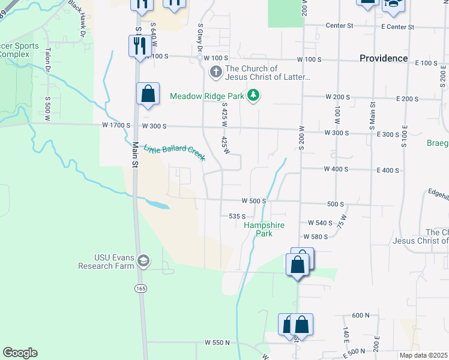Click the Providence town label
(x=384, y=58)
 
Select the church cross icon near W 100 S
(x=215, y=73)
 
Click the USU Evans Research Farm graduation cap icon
(x=143, y=261)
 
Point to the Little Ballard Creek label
(x=174, y=146)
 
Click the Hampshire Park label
(x=264, y=229)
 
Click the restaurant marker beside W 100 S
(x=138, y=45)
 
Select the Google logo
(x=20, y=353)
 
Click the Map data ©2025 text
(x=423, y=355)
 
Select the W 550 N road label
(x=217, y=343)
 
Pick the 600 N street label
(x=361, y=315)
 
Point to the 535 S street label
(x=238, y=216)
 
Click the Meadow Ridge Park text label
(x=208, y=96)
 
